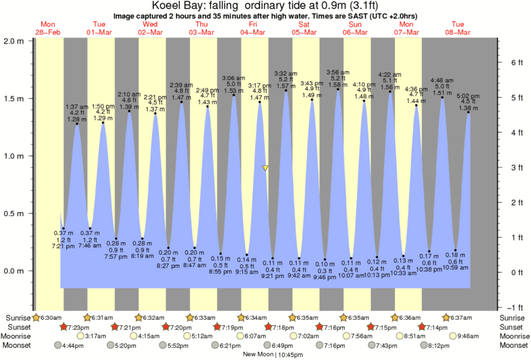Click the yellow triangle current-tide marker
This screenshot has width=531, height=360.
tap(266, 168)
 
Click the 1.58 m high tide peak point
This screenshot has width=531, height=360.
tap(338, 90)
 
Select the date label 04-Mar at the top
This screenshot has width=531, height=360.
tap(253, 31)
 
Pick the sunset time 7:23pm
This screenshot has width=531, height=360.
tap(79, 327)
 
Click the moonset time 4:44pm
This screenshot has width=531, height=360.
tap(73, 345)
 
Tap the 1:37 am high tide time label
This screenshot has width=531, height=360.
tap(77, 107)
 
